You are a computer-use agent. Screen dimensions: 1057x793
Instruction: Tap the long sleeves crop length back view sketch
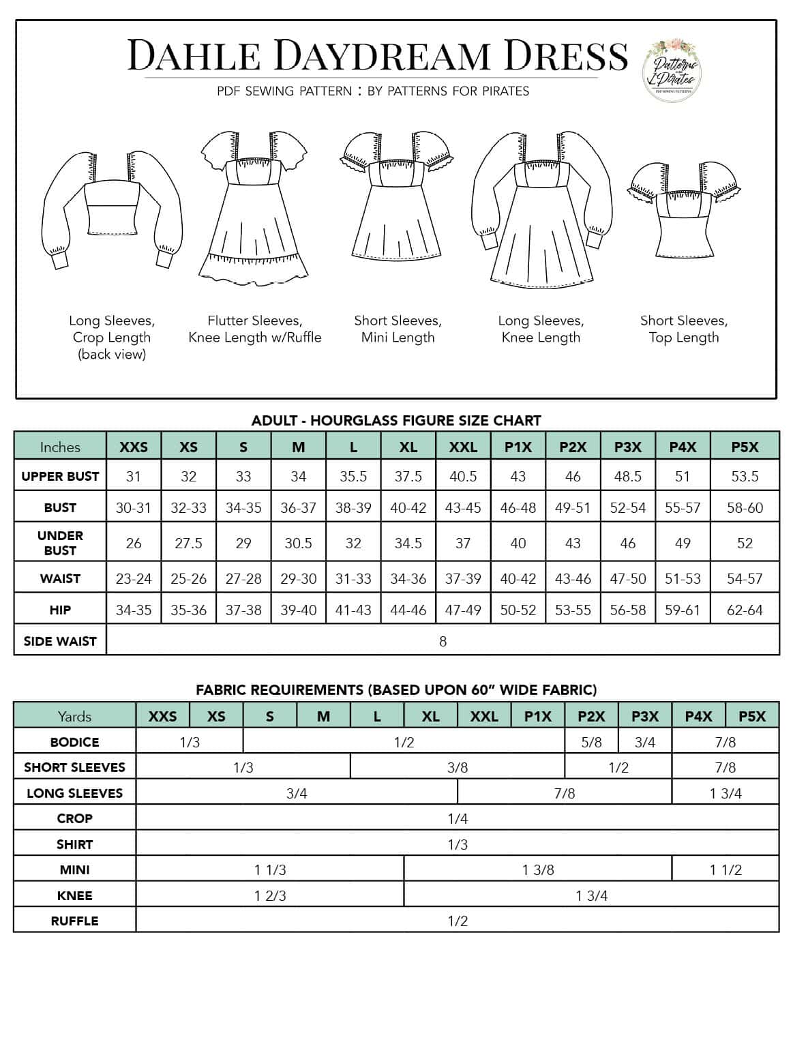(111, 208)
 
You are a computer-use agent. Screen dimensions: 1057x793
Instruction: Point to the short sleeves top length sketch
(684, 209)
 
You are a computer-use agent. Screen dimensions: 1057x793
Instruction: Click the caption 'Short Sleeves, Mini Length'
(398, 329)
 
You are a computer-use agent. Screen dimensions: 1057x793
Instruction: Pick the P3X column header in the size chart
(627, 447)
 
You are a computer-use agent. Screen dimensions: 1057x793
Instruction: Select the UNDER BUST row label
(60, 543)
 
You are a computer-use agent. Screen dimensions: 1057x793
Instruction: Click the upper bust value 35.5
(353, 477)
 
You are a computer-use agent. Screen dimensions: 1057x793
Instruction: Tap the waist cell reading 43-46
(573, 579)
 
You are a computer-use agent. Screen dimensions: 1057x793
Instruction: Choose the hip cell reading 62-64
(745, 610)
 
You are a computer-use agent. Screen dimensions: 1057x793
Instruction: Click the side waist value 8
(443, 641)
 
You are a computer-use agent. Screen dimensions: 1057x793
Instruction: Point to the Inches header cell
(60, 447)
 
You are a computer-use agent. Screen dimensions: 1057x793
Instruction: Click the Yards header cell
(74, 716)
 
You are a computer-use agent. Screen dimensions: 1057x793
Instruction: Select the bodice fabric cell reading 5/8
(591, 742)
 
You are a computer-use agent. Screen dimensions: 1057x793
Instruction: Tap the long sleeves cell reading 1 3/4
(725, 793)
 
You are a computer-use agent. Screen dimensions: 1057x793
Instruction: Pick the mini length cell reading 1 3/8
(538, 870)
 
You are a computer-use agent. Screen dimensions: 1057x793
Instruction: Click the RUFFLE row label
(74, 921)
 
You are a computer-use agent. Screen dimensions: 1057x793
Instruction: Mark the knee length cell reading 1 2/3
(270, 896)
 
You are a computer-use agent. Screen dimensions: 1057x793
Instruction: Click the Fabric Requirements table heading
(396, 689)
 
